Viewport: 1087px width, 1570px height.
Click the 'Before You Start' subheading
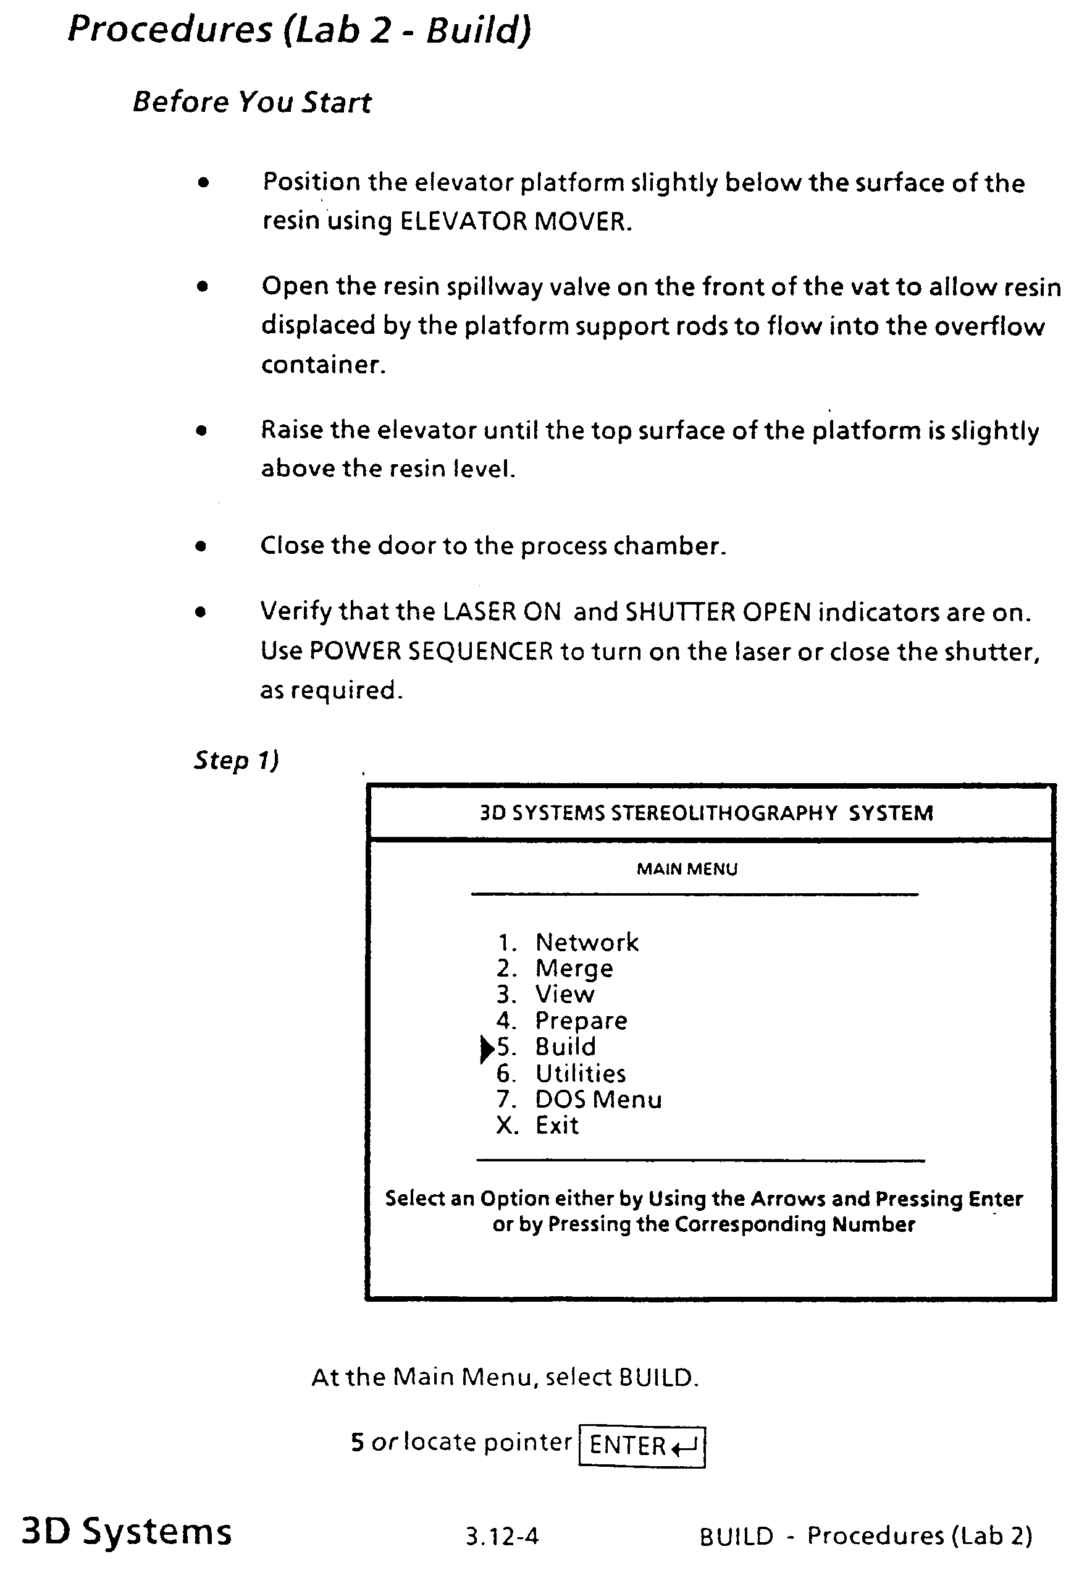pos(252,102)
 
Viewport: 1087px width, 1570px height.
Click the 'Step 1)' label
pos(237,760)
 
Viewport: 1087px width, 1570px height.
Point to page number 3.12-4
pos(502,1536)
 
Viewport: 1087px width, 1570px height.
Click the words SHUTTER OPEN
pos(718,613)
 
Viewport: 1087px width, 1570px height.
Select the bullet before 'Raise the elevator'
pos(201,431)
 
